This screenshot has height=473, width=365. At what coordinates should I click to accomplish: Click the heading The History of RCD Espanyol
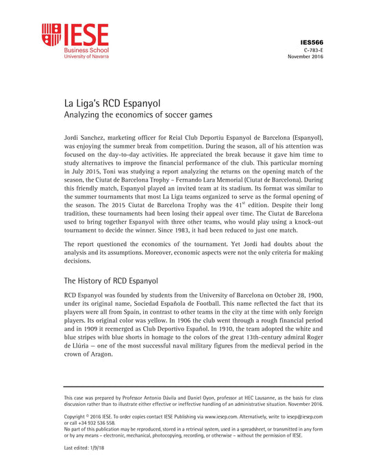tap(111, 280)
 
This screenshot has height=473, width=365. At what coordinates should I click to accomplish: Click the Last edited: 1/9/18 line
tap(84, 448)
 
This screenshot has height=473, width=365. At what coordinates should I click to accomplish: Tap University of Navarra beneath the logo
tap(86, 56)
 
